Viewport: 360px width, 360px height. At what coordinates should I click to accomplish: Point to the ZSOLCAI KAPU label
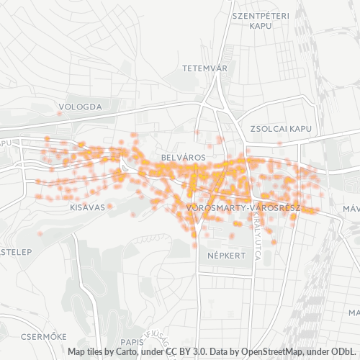(280, 128)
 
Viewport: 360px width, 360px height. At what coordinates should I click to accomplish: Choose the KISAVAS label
(88, 207)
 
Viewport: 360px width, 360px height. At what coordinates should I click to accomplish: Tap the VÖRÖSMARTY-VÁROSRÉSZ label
(242, 207)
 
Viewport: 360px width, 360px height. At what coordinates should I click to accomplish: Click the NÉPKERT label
(226, 255)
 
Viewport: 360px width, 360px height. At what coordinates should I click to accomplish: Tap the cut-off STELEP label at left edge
(14, 252)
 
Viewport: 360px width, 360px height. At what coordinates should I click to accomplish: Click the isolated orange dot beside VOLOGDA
(59, 113)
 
